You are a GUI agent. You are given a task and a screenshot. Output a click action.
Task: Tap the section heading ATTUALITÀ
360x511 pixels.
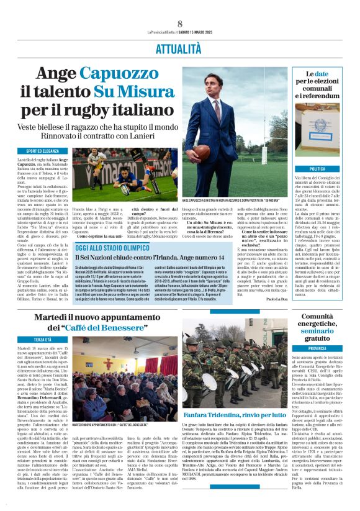point(180,47)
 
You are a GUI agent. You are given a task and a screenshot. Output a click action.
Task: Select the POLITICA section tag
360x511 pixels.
point(317,169)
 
